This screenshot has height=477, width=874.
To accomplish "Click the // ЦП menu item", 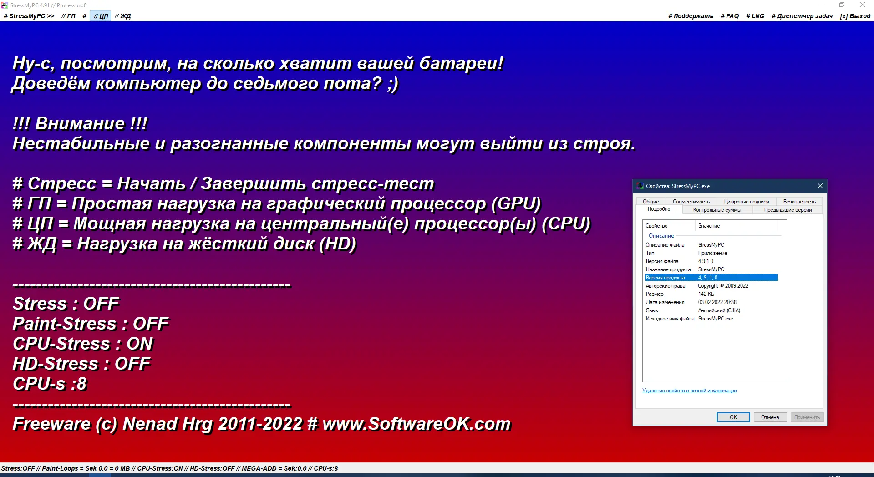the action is point(101,16).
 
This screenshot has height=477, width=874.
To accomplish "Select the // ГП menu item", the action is point(68,16).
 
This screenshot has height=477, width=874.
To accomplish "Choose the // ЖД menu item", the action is point(122,16).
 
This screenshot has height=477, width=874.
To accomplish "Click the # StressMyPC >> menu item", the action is point(29,16).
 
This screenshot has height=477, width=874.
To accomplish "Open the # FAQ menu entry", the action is point(730,16).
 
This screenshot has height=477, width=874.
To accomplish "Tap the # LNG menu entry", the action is point(755,16).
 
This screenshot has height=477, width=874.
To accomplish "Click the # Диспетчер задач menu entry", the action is point(802,16).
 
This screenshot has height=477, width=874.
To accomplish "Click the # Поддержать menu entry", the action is point(691,16).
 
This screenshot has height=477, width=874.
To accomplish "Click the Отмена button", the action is point(770,417).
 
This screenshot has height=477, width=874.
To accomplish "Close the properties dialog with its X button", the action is point(820,186).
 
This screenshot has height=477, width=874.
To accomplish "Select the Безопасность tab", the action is point(799,202).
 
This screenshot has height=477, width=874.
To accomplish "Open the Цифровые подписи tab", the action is point(747,202).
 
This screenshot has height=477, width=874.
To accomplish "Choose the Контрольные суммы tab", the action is point(717,210).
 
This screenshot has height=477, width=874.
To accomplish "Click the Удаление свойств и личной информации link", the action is point(689,391).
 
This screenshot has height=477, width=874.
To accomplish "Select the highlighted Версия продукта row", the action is point(711,278).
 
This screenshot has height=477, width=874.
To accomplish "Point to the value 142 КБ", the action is point(706,294).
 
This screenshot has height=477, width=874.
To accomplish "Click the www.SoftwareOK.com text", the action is point(417,424).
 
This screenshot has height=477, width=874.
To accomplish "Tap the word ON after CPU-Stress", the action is point(140,344).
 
